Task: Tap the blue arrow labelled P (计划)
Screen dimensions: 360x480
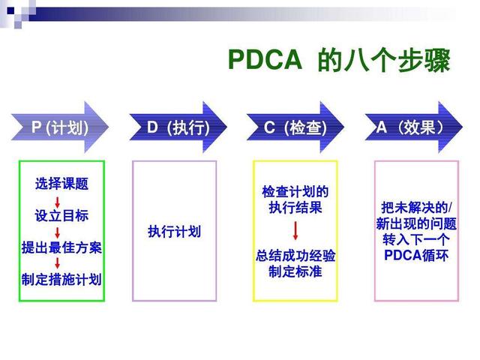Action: coord(60,128)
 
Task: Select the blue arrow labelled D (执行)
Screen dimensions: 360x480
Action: coord(177,128)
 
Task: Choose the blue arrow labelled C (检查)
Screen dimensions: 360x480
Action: coord(295,128)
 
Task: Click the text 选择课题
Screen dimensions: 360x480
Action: coord(61,184)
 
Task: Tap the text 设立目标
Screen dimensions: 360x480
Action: coord(61,216)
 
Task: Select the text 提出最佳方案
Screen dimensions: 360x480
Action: coord(61,247)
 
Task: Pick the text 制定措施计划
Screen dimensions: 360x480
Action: coord(61,280)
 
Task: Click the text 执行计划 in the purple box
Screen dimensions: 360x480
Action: coord(174,232)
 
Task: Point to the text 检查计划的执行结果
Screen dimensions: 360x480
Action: coord(295,199)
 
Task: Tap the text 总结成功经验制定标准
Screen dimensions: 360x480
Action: coord(295,263)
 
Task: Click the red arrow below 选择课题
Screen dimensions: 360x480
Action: coord(58,200)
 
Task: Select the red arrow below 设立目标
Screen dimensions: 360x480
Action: coord(58,232)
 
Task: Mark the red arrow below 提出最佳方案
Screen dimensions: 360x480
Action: coord(58,264)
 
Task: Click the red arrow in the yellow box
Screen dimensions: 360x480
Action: coord(295,230)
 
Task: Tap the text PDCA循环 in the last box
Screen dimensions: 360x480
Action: coord(415,255)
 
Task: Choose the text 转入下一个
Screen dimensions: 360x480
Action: coord(415,239)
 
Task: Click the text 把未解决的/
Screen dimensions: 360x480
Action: coord(415,207)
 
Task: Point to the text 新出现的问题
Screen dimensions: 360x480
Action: coord(415,223)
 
